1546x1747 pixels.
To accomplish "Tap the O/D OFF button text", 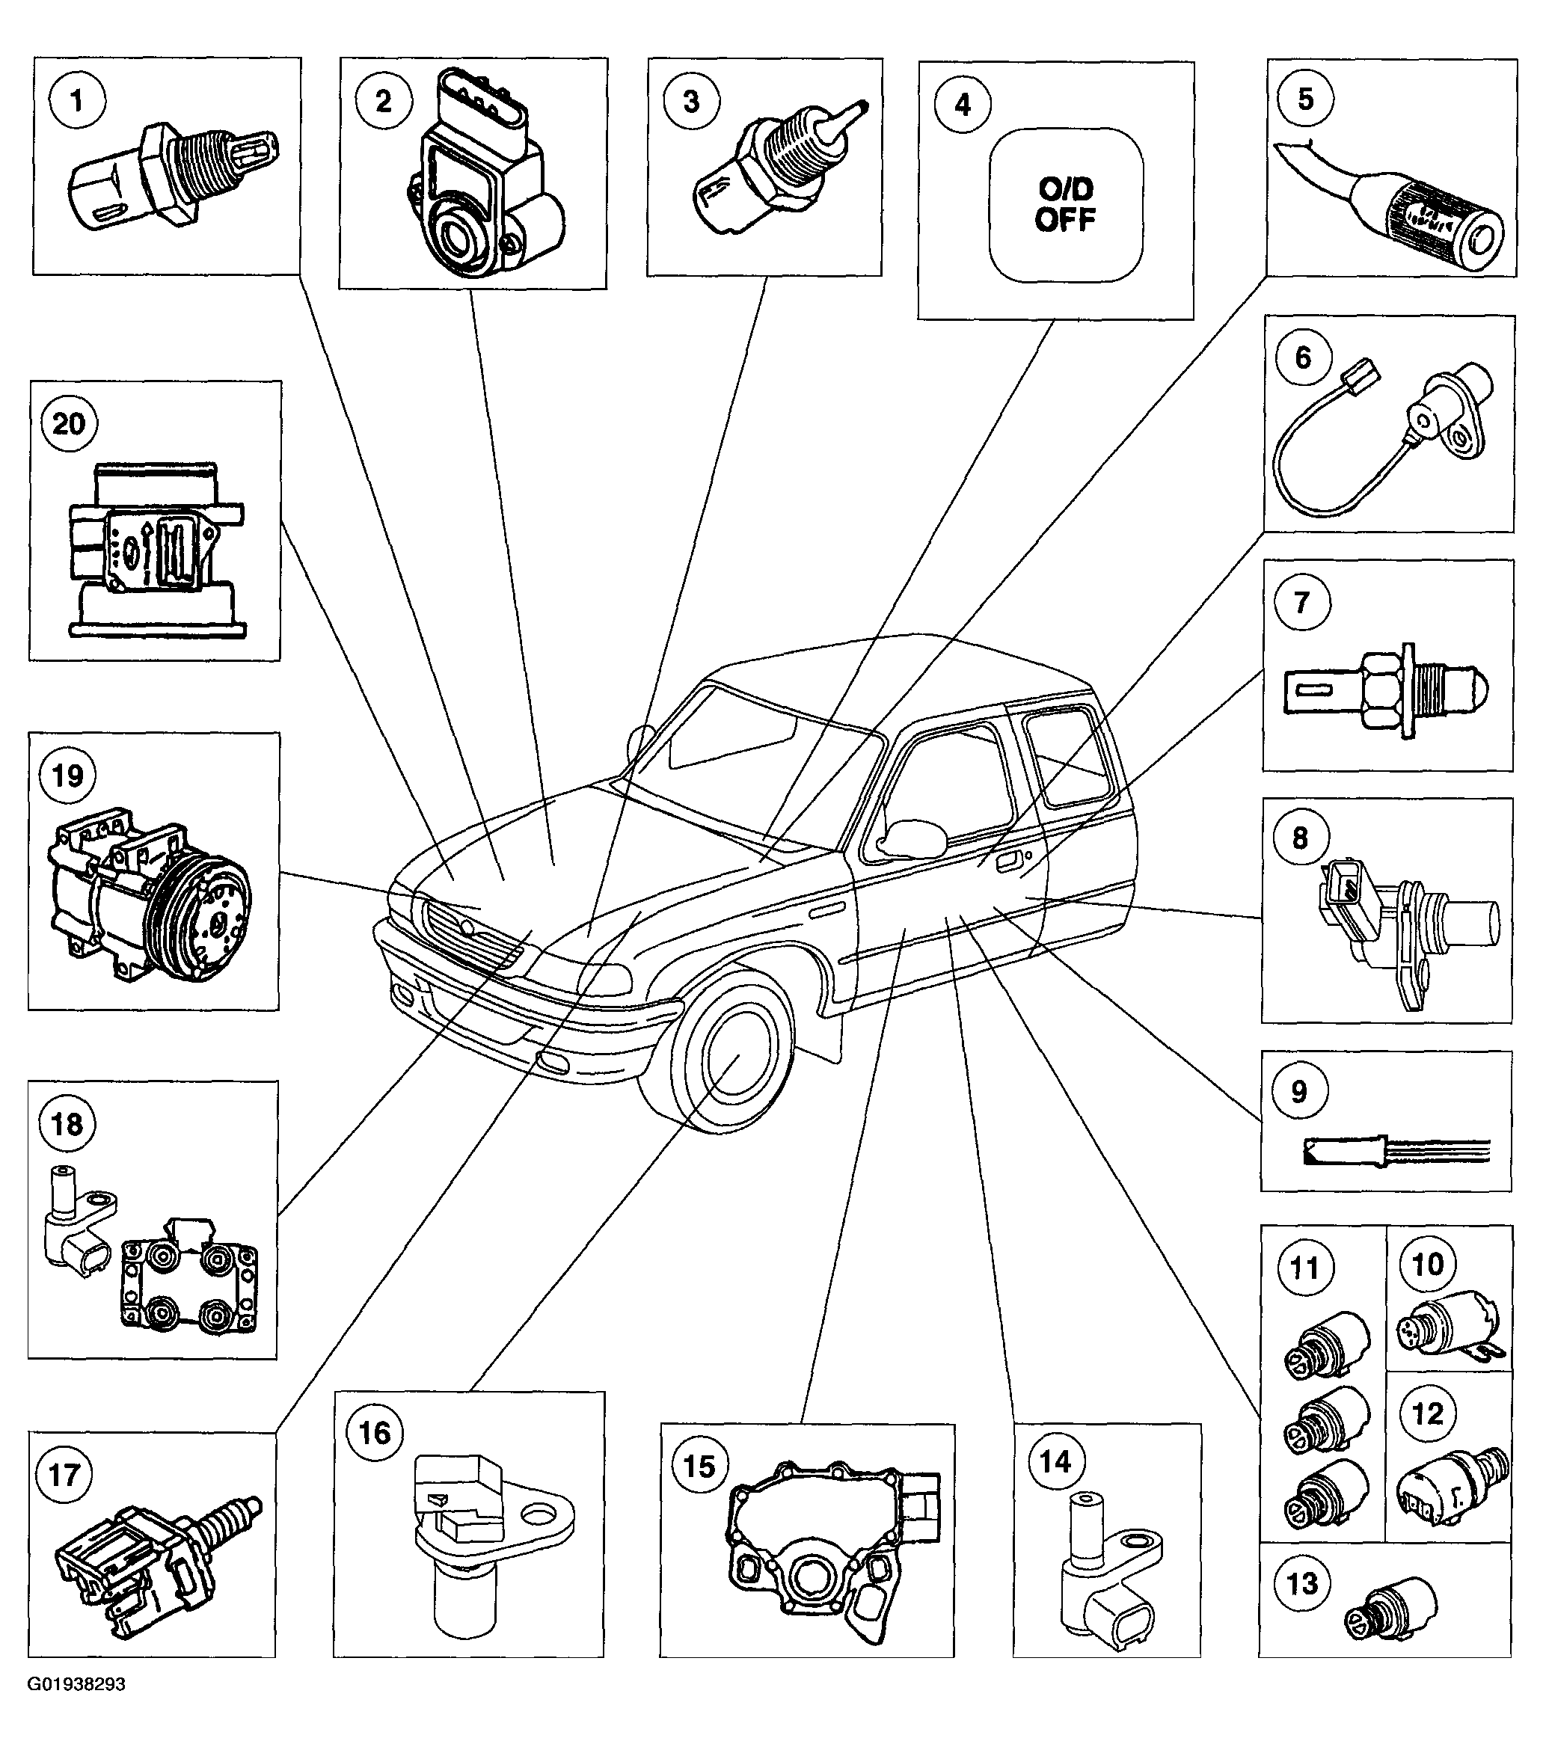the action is pos(1065,205).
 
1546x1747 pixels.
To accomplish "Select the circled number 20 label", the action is pos(70,423).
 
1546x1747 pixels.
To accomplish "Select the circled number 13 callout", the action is pos(1302,1583).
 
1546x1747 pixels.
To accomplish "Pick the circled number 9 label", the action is pos(1299,1091).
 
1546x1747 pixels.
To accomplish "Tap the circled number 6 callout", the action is pos(1302,357).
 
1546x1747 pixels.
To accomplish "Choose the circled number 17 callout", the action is pos(66,1474).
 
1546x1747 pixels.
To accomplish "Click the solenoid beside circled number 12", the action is pos(1451,1489).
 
